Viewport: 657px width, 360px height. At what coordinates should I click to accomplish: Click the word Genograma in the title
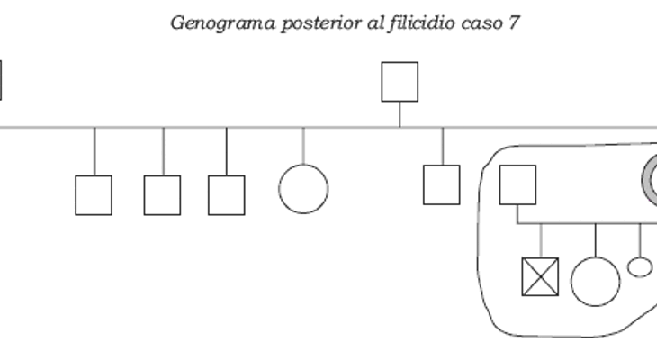click(x=223, y=23)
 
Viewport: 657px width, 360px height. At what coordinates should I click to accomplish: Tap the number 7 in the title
click(x=514, y=22)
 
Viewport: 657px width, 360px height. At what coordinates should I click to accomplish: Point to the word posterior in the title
click(x=321, y=24)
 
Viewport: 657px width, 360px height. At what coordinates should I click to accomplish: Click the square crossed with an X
click(x=540, y=277)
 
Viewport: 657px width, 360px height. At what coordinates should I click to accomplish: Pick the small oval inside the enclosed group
click(x=640, y=267)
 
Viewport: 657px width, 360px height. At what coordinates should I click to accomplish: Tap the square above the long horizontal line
click(x=400, y=82)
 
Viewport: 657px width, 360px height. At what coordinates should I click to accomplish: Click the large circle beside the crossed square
click(x=596, y=282)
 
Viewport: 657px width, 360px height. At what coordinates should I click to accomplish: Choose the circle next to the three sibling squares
click(x=304, y=189)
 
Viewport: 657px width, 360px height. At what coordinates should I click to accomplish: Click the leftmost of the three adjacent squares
click(x=94, y=195)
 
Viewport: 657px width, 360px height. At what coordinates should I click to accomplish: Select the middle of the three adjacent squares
click(x=162, y=195)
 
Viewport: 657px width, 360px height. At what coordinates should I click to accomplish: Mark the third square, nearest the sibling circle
click(x=227, y=195)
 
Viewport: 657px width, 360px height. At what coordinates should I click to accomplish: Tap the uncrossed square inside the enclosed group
click(x=517, y=184)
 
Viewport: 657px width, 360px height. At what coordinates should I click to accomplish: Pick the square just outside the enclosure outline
click(x=442, y=184)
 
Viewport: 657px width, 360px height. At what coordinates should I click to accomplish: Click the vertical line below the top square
click(x=400, y=114)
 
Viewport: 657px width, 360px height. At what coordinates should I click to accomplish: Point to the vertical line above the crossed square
click(x=541, y=240)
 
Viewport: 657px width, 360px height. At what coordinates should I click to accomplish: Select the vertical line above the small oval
click(x=640, y=240)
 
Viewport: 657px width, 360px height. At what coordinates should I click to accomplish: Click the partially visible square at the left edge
click(x=0, y=80)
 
